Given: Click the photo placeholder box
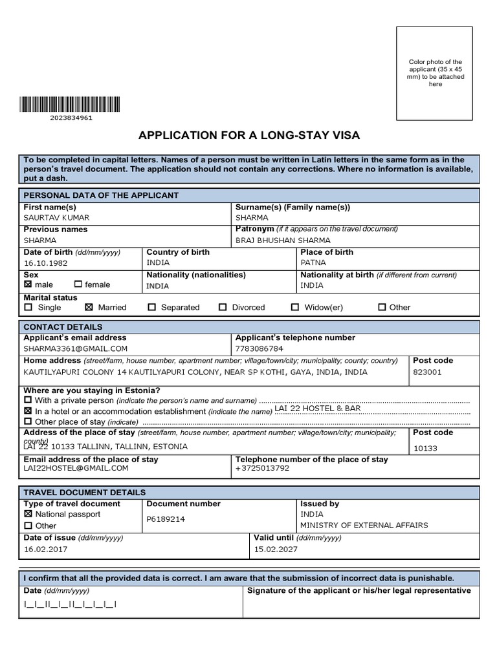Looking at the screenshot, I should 436,74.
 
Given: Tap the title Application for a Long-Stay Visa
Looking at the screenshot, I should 248,135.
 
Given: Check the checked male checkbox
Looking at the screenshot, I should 28,284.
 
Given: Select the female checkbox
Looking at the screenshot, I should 78,284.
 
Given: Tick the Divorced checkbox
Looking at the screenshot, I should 223,308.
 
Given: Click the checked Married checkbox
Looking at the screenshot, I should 89,308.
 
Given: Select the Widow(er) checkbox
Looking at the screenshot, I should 295,308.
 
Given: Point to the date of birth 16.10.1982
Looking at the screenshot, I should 45,264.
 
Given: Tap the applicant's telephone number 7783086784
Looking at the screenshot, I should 260,348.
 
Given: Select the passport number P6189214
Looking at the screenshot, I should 166,519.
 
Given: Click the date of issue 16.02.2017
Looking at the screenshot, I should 45,550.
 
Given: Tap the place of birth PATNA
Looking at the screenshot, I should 314,263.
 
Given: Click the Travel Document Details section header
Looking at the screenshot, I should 85,493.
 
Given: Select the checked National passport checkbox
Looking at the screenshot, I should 28,515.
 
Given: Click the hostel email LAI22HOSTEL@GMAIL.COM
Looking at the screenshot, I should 76,468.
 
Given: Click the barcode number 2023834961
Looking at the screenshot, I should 71,118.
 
